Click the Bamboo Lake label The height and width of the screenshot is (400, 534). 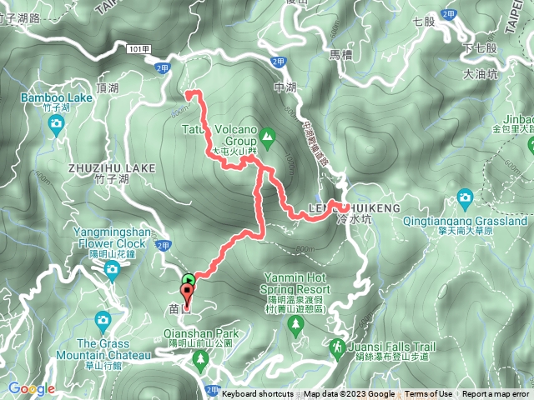pos(57,98)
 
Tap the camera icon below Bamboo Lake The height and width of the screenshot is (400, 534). pos(57,127)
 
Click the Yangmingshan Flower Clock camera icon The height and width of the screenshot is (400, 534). pos(112,269)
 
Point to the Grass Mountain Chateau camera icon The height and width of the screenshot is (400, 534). pos(103,320)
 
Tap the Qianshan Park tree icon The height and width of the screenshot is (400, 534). pos(199,359)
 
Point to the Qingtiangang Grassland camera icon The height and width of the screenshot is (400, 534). pos(466,197)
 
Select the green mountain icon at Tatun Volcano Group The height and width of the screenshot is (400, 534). pos(268,134)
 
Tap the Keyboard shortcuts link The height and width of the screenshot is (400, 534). pos(257,394)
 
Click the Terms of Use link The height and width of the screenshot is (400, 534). pos(430,394)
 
